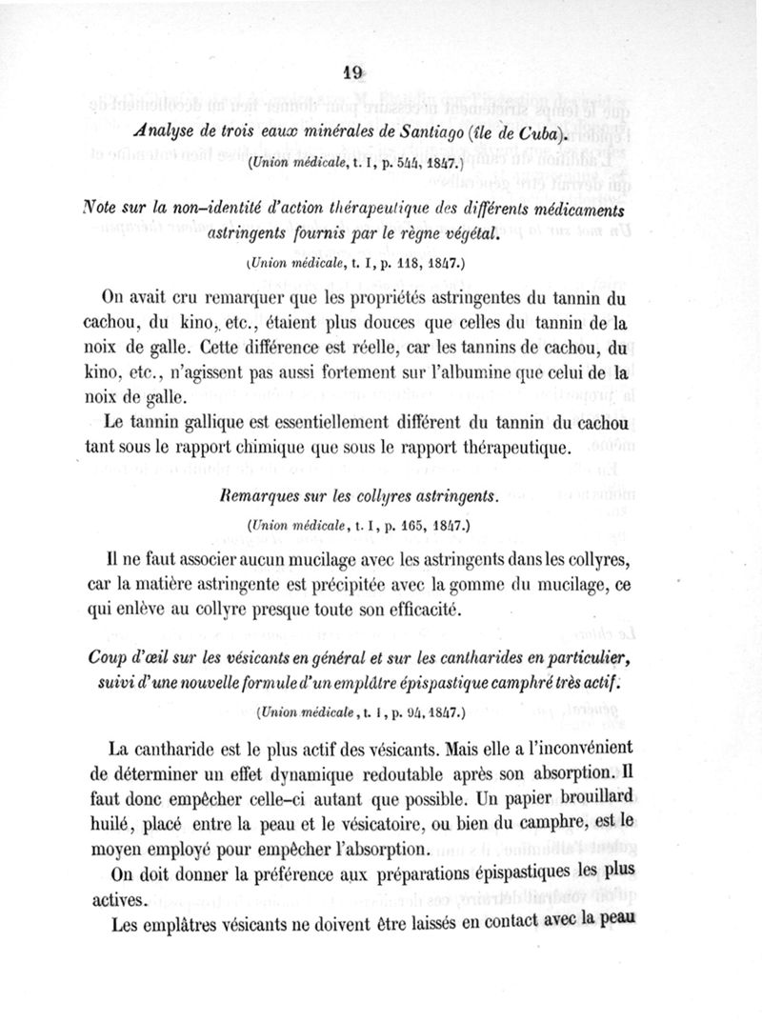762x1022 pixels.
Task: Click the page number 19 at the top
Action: pos(352,72)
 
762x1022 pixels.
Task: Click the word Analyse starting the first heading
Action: pos(162,131)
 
